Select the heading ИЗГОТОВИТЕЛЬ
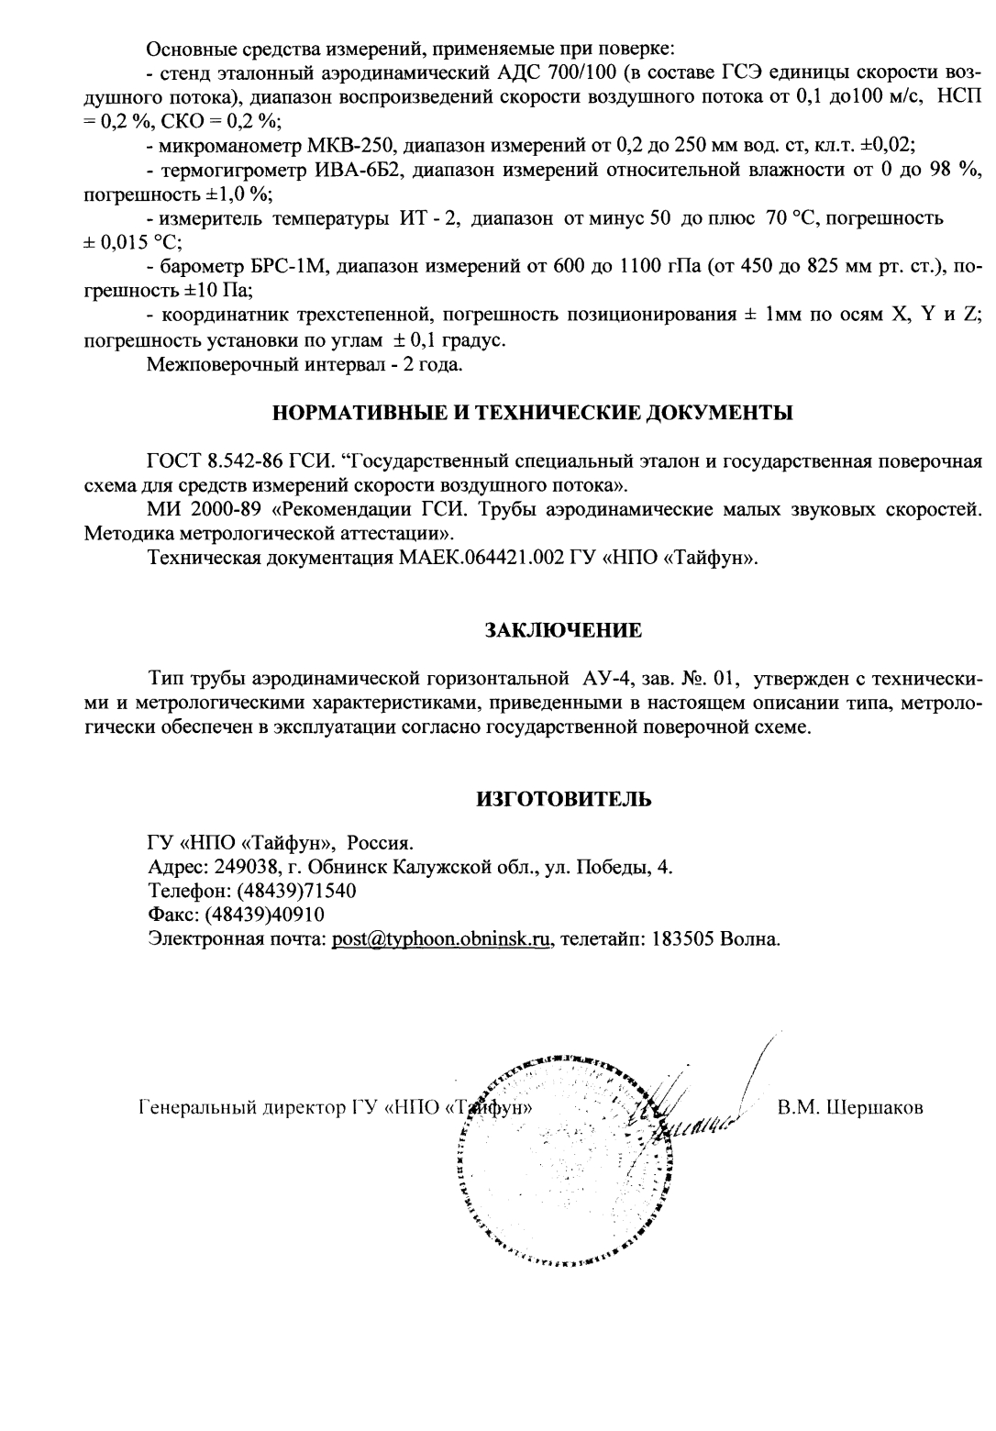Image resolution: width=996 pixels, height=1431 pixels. click(563, 798)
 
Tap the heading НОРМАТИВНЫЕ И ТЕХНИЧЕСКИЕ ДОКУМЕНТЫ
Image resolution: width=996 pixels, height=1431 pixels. click(534, 412)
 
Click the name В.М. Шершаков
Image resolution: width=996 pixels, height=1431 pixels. click(850, 1107)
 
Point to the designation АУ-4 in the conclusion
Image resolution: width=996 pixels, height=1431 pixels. click(606, 680)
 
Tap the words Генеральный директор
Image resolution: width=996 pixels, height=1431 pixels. click(241, 1107)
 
